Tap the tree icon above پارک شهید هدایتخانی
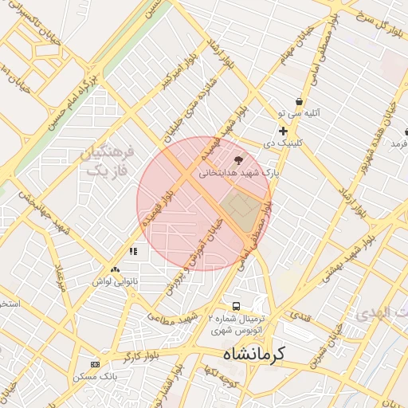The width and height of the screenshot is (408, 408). [x=238, y=159]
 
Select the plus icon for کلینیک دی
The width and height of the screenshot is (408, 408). [x=283, y=131]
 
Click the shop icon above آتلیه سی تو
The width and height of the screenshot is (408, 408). [x=299, y=101]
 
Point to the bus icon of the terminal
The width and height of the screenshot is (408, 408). [x=235, y=306]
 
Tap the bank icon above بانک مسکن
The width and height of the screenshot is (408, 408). [x=96, y=364]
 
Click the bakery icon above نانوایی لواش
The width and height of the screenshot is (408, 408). [x=116, y=270]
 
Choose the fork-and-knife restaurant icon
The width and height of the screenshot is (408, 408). [x=133, y=251]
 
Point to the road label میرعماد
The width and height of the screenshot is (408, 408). [x=59, y=275]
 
